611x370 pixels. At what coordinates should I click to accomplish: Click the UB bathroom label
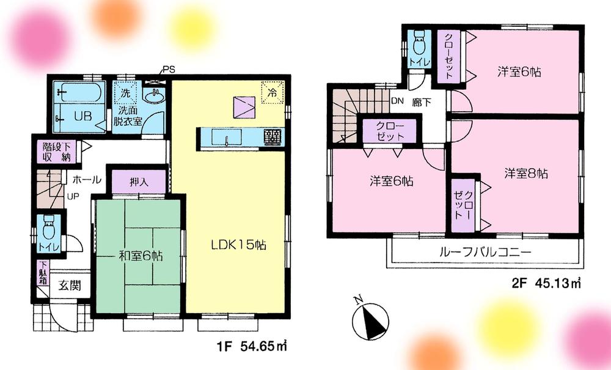[82, 116]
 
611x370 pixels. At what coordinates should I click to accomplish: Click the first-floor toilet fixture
[48, 230]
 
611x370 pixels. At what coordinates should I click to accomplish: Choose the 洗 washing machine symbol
[125, 94]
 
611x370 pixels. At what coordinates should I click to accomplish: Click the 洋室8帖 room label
[525, 173]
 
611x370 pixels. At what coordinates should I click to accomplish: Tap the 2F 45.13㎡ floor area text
[546, 283]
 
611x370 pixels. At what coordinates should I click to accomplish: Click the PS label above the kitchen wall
[168, 69]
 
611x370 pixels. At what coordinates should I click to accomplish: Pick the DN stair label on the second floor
[397, 101]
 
